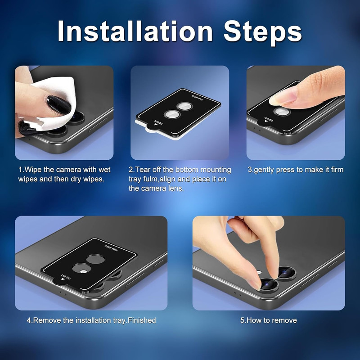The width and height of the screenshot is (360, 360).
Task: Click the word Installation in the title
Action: (x=135, y=31)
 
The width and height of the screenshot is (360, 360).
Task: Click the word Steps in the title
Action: (x=262, y=32)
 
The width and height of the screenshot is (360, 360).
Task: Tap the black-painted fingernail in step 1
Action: (x=58, y=105)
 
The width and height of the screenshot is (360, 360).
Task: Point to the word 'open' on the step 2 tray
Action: (x=159, y=122)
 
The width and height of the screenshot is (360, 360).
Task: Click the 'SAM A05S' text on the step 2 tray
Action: (x=198, y=98)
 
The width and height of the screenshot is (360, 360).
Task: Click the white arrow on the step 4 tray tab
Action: (x=63, y=279)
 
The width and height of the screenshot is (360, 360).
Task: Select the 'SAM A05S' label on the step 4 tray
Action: (x=111, y=248)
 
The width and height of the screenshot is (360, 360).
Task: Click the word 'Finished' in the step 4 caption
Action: (x=142, y=320)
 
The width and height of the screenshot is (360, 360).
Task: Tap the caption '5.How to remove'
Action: (x=269, y=320)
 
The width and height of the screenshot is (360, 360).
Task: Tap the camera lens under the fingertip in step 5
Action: (x=270, y=285)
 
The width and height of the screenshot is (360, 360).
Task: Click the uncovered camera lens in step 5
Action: (x=287, y=273)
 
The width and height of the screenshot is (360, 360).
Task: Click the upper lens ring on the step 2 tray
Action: (x=185, y=106)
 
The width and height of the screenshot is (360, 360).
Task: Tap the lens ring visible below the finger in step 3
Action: (x=282, y=112)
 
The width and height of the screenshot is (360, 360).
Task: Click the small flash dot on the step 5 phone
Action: (x=259, y=273)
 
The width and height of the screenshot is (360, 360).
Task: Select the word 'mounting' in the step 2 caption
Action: (x=216, y=170)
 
